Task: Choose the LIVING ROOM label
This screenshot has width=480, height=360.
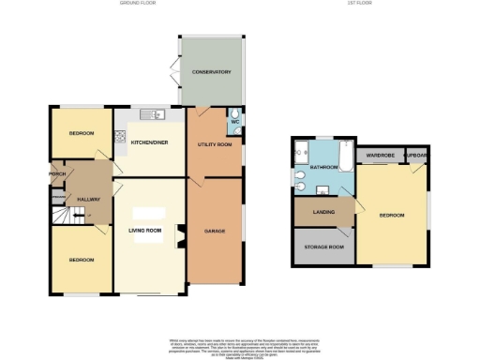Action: (x=146, y=230)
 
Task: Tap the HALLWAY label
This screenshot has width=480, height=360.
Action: (x=88, y=200)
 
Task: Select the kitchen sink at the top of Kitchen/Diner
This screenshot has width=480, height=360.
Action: (x=151, y=115)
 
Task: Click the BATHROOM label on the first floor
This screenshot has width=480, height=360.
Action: (x=324, y=167)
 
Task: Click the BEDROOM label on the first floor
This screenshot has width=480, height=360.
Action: (x=392, y=215)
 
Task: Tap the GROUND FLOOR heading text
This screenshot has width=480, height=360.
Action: (x=138, y=4)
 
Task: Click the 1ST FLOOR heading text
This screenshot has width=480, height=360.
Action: (x=359, y=4)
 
